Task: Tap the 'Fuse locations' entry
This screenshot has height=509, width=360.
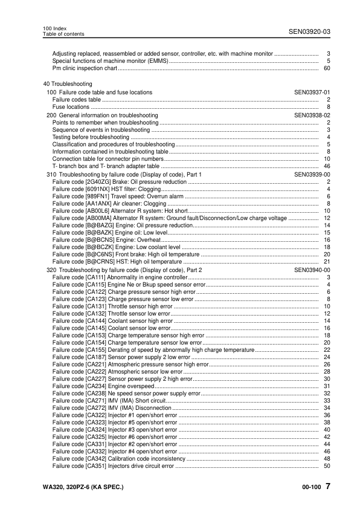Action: click(71, 107)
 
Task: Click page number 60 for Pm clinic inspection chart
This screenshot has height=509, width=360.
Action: click(327, 68)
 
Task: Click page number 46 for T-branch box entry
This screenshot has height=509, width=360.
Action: click(327, 166)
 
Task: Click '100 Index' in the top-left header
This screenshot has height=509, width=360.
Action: click(55, 28)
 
